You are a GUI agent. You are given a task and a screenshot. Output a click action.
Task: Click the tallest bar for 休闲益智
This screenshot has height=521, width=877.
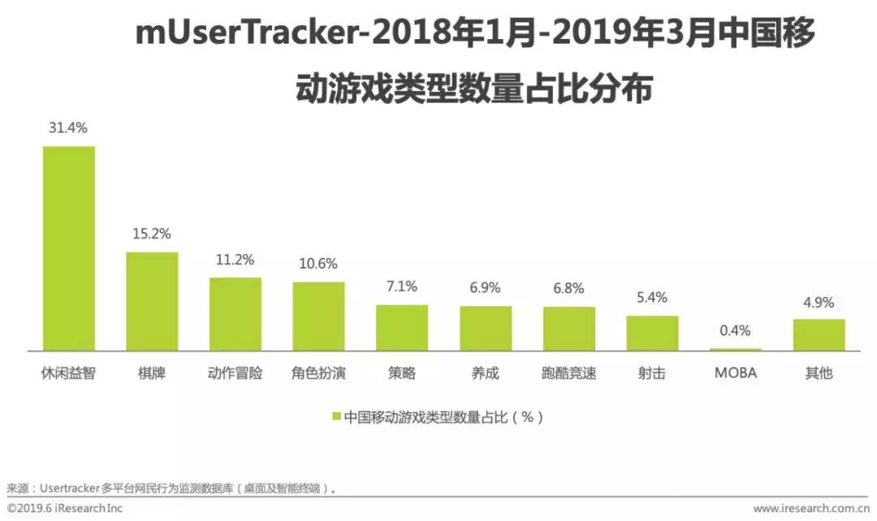click(69, 248)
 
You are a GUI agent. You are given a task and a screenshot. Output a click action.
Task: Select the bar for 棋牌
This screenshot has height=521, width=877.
click(152, 301)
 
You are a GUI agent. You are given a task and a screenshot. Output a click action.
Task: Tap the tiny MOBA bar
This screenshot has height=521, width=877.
click(736, 350)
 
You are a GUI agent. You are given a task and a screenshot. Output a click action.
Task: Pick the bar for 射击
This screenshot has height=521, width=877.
click(652, 333)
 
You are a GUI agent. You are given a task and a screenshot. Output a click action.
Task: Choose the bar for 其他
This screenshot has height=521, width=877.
click(819, 334)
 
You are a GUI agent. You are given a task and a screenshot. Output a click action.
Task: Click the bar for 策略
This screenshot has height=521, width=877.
click(402, 328)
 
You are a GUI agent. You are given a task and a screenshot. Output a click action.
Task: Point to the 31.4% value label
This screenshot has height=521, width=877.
click(69, 128)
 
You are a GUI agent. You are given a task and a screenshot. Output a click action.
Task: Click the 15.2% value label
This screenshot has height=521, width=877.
click(152, 235)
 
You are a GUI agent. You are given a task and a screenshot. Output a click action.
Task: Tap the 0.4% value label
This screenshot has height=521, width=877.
click(736, 330)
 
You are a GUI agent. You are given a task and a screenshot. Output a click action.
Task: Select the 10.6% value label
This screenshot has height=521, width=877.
click(319, 264)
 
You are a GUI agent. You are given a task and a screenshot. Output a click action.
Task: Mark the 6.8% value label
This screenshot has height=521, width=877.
click(569, 289)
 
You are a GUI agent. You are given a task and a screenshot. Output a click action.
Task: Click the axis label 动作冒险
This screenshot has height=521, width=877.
click(235, 373)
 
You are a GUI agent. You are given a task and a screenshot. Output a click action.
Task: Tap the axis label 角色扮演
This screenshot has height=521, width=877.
click(319, 373)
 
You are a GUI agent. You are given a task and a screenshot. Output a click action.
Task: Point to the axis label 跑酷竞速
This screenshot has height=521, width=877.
click(569, 373)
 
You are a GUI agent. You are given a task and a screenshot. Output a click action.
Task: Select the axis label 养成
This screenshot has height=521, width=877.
click(486, 373)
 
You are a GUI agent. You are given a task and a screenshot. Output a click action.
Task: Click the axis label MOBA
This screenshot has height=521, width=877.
click(736, 373)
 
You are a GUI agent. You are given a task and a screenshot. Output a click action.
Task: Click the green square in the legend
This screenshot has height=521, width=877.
click(336, 417)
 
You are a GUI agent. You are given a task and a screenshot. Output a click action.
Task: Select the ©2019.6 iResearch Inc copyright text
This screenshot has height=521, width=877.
click(65, 509)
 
